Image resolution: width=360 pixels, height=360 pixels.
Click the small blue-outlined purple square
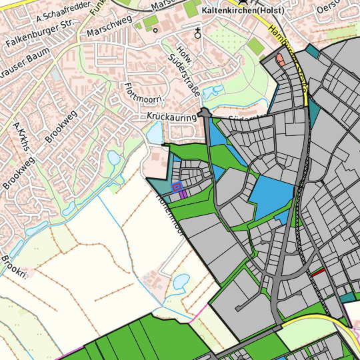(177, 187)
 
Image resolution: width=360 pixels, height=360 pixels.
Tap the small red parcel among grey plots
(318, 272)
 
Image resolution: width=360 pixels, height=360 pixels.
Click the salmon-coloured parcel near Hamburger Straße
(280, 61)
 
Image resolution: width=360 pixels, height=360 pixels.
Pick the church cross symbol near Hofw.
(197, 32)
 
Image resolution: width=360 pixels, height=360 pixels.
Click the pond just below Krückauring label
(155, 134)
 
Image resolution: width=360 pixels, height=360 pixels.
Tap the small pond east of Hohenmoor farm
(181, 282)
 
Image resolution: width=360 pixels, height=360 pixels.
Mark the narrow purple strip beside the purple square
(183, 193)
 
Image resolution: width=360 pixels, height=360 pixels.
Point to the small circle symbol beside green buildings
(155, 29)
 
